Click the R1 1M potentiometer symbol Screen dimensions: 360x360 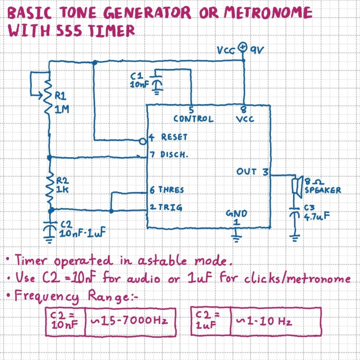pos(48,97)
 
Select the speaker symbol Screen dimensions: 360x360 pos(296,186)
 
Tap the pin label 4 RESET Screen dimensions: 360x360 pos(168,137)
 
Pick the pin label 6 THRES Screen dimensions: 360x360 pos(166,190)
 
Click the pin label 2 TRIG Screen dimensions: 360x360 pos(166,207)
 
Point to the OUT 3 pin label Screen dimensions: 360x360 pos(252,172)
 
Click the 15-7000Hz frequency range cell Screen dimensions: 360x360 pos(130,322)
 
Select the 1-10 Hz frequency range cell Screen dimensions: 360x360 pos(275,322)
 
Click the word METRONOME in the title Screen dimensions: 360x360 pos(264,13)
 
